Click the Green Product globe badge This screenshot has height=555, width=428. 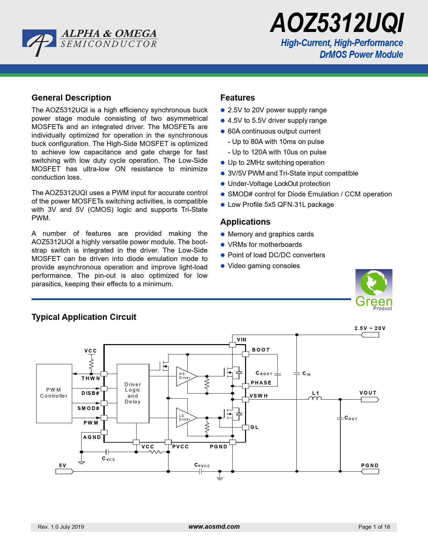[374, 290]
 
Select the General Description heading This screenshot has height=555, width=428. [71, 98]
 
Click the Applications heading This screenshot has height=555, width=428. [245, 222]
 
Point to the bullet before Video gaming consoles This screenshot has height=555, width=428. [223, 266]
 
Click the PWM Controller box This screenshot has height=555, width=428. [54, 393]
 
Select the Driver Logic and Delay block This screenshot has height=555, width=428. [133, 393]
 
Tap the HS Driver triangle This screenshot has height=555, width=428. [186, 376]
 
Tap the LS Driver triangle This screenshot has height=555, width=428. [186, 418]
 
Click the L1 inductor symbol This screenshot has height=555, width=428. [315, 398]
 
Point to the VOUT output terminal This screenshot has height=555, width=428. [370, 400]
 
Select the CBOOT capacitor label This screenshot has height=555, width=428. [264, 373]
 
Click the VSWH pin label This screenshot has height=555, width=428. [258, 396]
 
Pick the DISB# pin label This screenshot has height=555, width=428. [90, 393]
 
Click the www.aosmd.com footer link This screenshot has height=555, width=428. [214, 527]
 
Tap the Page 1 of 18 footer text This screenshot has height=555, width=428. [374, 527]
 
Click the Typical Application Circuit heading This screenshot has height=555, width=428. [84, 317]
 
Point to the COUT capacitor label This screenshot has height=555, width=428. [351, 418]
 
